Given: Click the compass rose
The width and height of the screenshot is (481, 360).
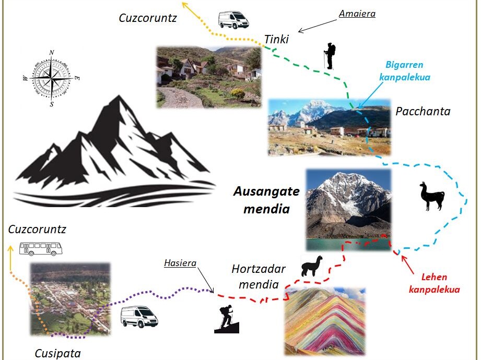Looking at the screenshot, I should tap(51, 79).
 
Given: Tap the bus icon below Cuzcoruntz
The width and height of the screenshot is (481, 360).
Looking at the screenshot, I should tap(41, 248).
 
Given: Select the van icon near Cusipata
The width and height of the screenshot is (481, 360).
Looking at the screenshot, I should tap(139, 317).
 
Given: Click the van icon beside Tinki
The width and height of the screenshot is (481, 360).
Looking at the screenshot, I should tap(233, 20).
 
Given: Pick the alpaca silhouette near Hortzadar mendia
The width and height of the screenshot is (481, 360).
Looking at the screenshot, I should tap(312, 266).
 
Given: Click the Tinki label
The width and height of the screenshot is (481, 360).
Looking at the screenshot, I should tap(276, 40).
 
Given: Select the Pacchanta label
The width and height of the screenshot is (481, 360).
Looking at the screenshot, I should tap(423, 111).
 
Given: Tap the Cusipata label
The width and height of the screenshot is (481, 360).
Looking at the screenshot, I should tap(58, 353).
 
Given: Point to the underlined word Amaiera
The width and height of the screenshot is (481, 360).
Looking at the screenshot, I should tap(357, 14).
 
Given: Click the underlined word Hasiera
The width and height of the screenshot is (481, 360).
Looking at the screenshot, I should tap(180, 263).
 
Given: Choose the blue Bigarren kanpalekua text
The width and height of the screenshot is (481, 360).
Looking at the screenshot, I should tap(404, 71).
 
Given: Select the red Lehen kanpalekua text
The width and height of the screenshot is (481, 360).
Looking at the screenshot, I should tap(434, 283).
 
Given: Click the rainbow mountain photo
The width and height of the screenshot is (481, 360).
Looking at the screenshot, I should tap(325, 321).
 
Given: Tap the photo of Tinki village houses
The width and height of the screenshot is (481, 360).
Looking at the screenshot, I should tap(209, 77).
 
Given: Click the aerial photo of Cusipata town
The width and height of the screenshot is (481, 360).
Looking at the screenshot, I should tap(70, 298).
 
